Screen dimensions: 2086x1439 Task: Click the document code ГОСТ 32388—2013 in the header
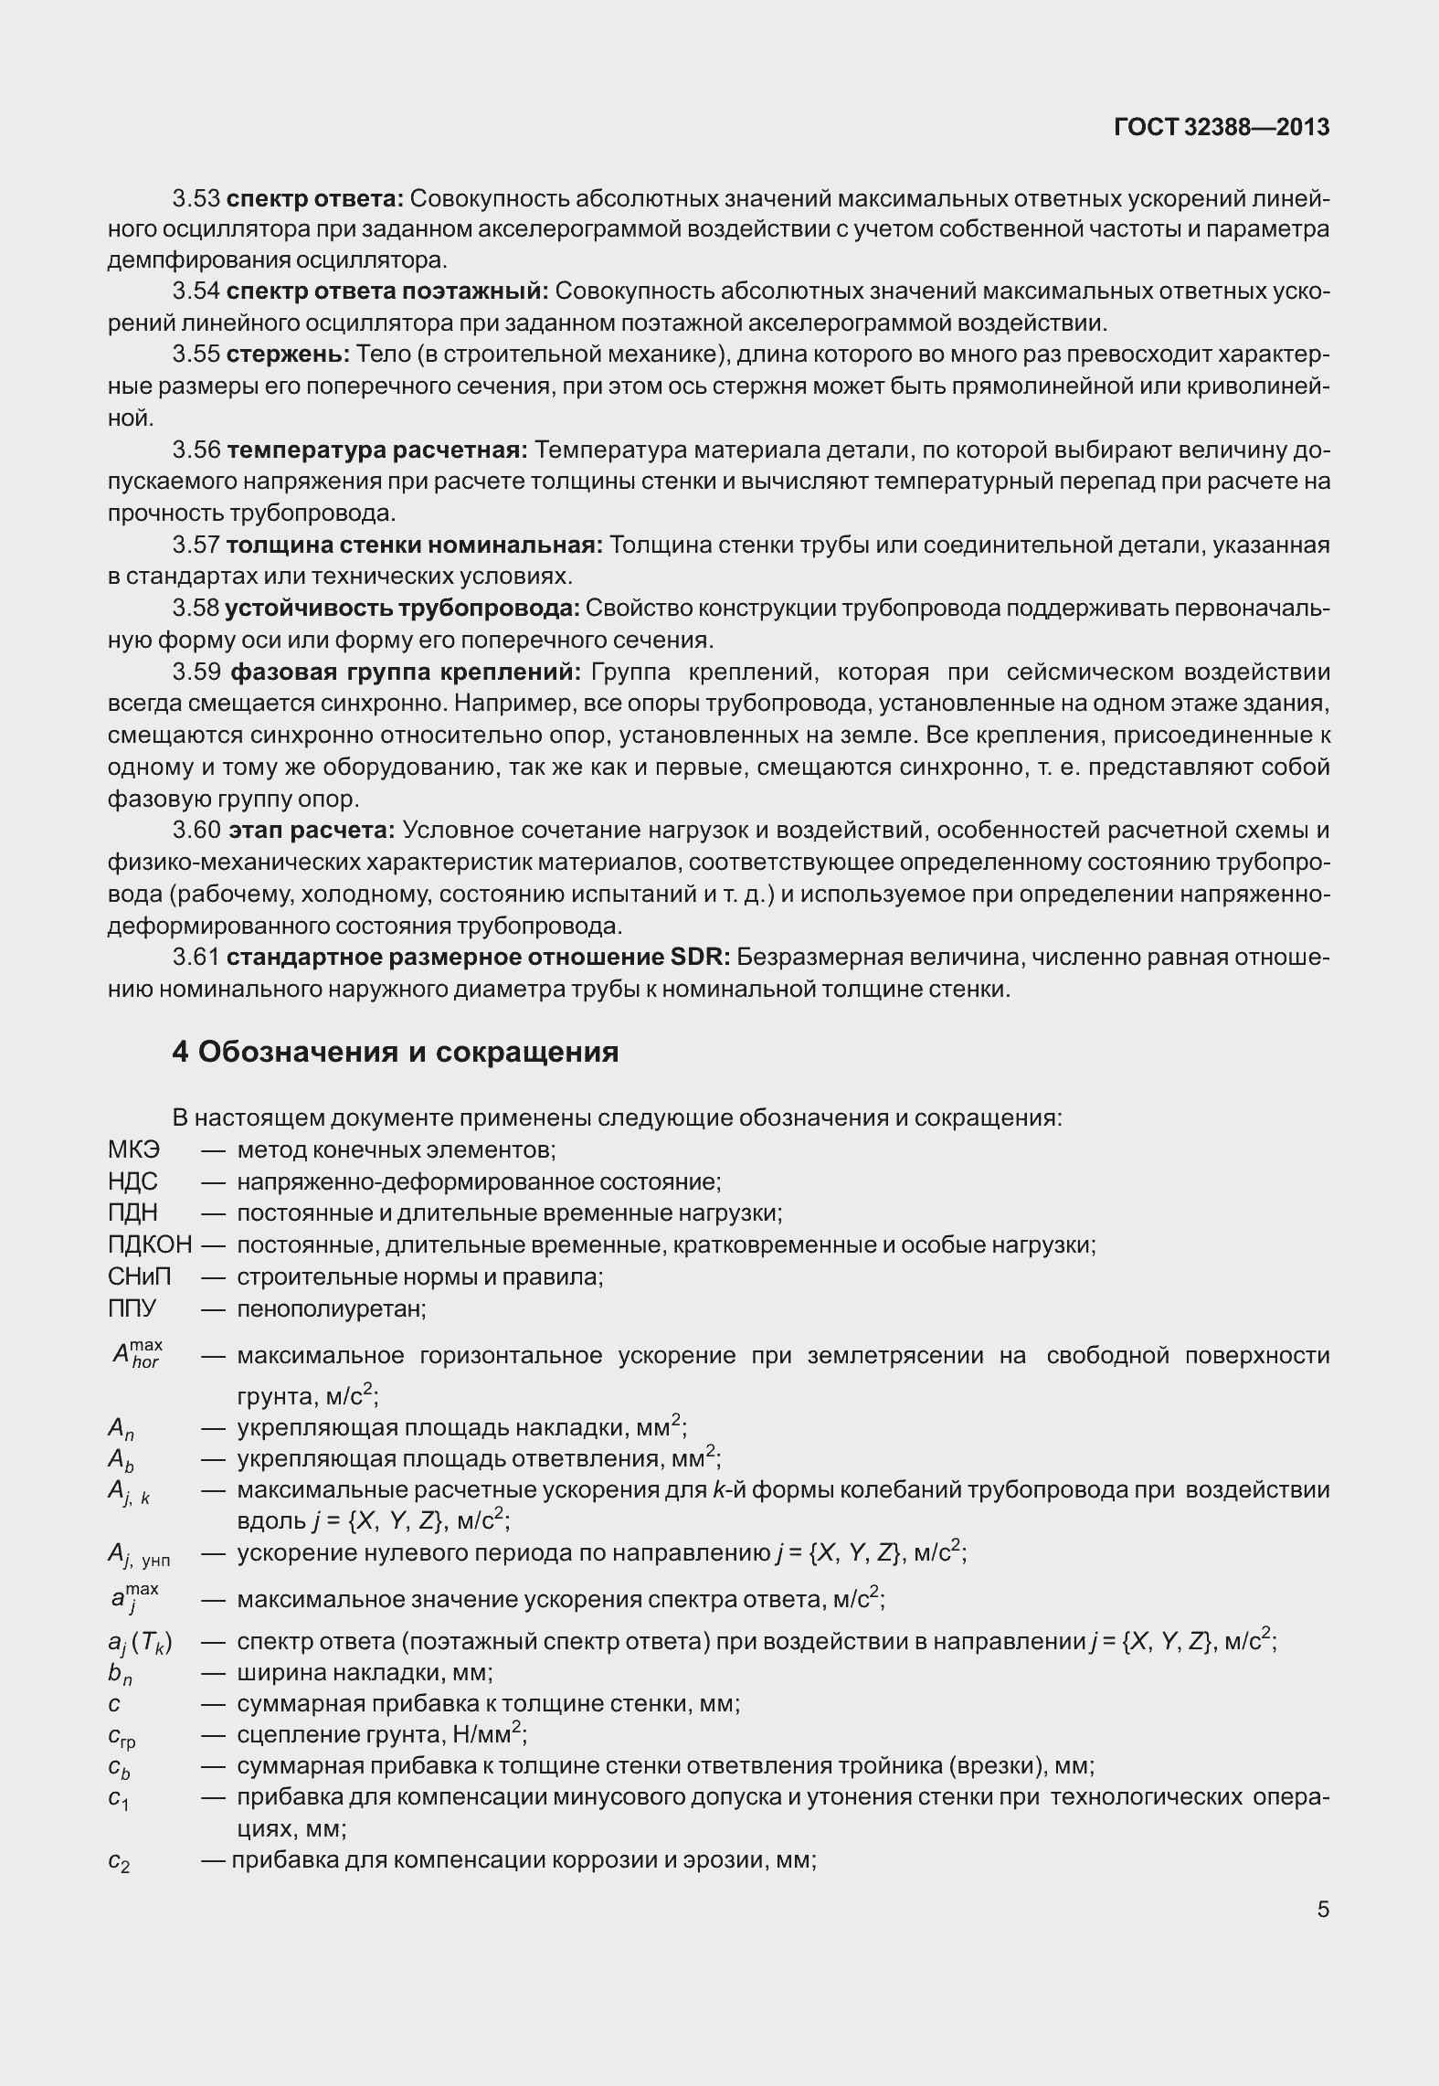pyautogui.click(x=1221, y=127)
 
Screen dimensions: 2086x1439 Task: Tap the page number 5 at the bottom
pyautogui.click(x=1323, y=1910)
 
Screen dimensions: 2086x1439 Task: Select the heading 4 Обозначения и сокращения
pyautogui.click(x=395, y=1052)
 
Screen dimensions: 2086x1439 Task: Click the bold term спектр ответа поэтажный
pyautogui.click(x=386, y=291)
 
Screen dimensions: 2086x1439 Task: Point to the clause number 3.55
pyautogui.click(x=196, y=355)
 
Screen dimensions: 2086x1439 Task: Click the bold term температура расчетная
pyautogui.click(x=376, y=450)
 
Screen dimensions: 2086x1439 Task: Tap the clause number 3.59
pyautogui.click(x=196, y=672)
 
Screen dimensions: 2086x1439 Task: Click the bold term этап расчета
pyautogui.click(x=311, y=831)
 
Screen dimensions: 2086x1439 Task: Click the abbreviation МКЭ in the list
pyautogui.click(x=133, y=1149)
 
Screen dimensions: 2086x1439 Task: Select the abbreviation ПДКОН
pyautogui.click(x=150, y=1244)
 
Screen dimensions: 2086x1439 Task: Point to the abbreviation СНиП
pyautogui.click(x=139, y=1276)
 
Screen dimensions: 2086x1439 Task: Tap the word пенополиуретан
pyautogui.click(x=331, y=1308)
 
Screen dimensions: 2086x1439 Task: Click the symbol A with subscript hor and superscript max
pyautogui.click(x=135, y=1354)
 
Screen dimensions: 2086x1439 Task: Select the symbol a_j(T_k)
pyautogui.click(x=140, y=1643)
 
